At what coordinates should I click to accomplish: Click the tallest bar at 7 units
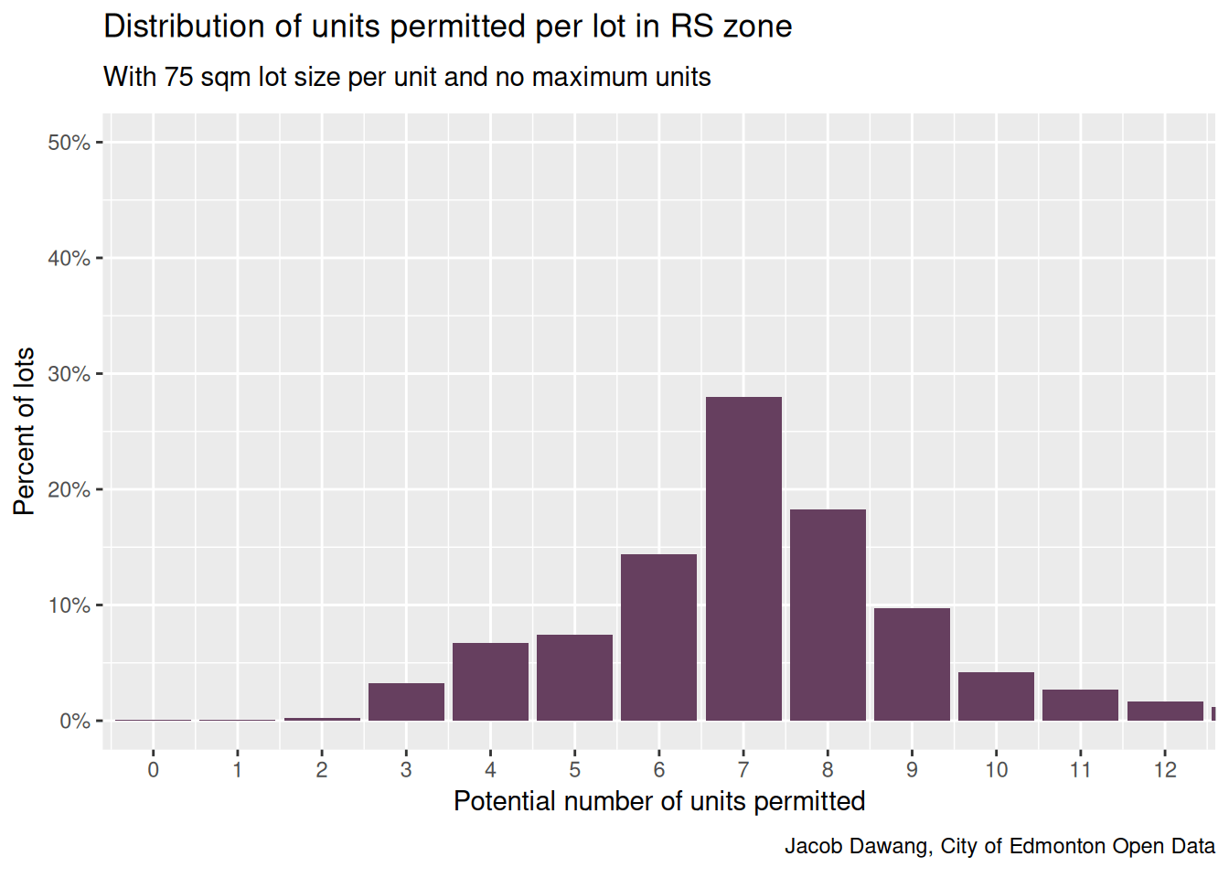tap(743, 559)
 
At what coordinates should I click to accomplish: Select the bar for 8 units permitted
tap(828, 615)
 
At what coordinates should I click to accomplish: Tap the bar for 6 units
tap(658, 637)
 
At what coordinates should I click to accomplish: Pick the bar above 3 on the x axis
tap(406, 702)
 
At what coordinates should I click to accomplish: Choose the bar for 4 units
tap(490, 682)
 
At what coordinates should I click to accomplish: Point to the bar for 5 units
tap(574, 678)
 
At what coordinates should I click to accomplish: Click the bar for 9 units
tap(912, 665)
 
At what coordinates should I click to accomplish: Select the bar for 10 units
tap(996, 697)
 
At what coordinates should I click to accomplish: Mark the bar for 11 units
tap(1080, 705)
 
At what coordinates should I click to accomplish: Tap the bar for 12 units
tap(1165, 712)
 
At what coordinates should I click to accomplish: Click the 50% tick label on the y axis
tap(69, 143)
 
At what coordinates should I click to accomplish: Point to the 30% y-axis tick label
tap(69, 374)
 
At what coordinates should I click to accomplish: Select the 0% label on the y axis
tap(74, 722)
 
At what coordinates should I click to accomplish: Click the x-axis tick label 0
tap(153, 770)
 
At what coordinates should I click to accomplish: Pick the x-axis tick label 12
tap(1165, 770)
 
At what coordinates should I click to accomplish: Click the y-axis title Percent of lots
tap(25, 431)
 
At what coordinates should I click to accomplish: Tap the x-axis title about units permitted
tap(658, 801)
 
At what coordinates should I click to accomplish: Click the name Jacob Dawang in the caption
tap(858, 846)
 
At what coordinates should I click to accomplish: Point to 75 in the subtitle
tap(179, 77)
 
